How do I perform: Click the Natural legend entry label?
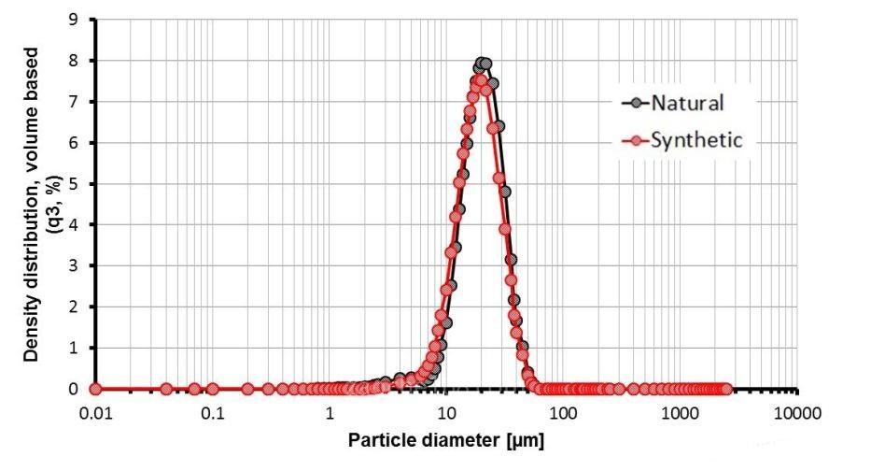[x=689, y=102]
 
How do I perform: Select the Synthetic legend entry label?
[x=696, y=140]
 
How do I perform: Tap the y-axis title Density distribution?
[x=32, y=204]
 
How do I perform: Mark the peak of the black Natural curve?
[x=483, y=64]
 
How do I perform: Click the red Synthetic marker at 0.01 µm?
[x=94, y=389]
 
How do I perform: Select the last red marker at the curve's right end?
[x=726, y=389]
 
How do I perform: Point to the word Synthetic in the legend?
[x=696, y=140]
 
